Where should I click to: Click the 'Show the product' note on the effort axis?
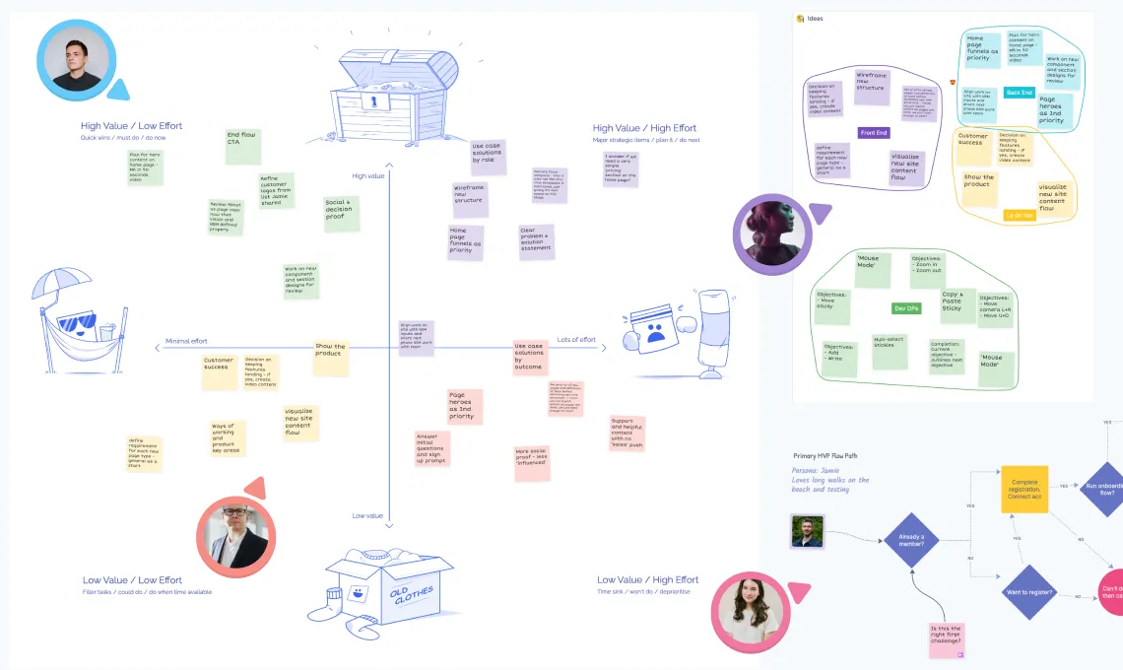coord(330,356)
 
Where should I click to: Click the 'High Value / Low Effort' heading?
coord(131,126)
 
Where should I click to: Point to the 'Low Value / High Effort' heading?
coord(647,580)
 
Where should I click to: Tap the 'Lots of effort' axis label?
coord(576,340)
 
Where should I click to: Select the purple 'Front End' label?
coord(874,132)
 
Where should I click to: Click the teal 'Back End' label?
coord(1020,93)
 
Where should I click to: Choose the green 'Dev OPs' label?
coord(906,307)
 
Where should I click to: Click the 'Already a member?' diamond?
coord(910,541)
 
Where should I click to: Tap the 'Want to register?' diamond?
coord(1028,592)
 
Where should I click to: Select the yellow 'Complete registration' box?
coord(1024,489)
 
